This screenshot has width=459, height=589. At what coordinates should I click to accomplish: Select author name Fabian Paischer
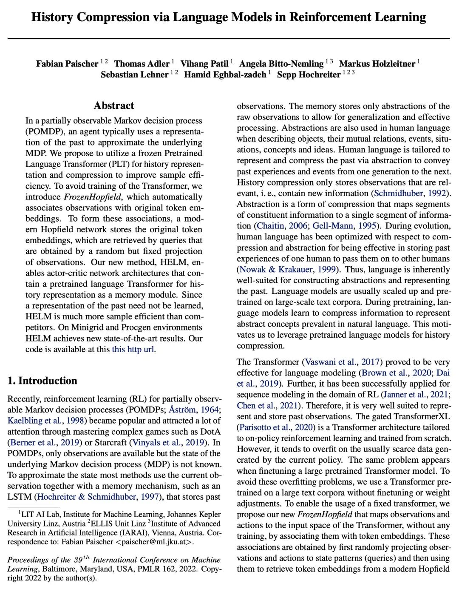pos(67,64)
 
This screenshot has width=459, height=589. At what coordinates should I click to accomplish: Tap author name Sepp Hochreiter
pos(309,75)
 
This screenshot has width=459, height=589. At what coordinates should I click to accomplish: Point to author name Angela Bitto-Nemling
pos(281,64)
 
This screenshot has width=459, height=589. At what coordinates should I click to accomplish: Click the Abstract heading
pos(114,106)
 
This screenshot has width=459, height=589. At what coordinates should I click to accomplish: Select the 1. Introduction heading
pos(42,381)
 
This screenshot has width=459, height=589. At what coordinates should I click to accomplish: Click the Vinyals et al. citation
pos(169,443)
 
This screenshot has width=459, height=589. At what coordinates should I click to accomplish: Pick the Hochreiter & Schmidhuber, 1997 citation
pos(98,497)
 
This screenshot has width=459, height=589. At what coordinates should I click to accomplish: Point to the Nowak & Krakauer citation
pos(287,270)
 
